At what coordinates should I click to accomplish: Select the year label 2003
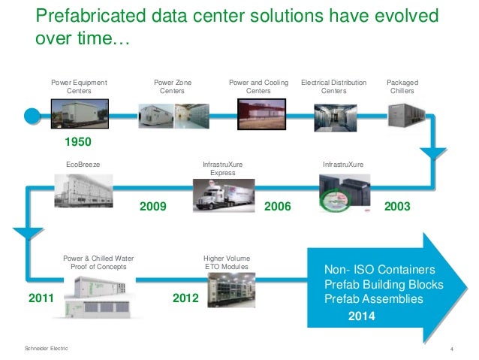point(399,204)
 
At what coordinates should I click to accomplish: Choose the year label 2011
point(42,299)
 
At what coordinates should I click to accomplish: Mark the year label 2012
point(187,299)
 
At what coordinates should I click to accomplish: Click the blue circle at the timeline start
point(31,114)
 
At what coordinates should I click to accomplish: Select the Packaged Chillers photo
point(405,114)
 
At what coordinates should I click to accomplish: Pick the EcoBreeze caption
point(83,163)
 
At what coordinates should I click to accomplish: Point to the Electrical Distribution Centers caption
point(334,86)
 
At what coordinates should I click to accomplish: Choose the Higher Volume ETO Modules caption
point(227,262)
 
